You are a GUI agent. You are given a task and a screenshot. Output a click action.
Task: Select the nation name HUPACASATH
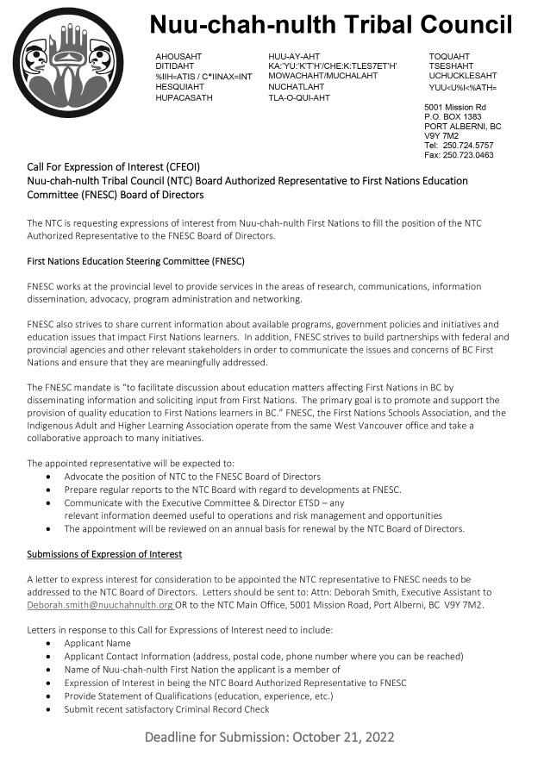[x=184, y=98]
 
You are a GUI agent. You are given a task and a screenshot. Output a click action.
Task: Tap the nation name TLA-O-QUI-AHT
[x=299, y=98]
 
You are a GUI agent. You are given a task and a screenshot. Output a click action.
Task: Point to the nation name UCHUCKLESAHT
[x=463, y=76]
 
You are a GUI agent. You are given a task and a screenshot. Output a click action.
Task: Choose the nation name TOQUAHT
[x=449, y=55]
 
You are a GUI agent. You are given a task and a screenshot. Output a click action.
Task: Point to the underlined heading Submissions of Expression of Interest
[x=104, y=553]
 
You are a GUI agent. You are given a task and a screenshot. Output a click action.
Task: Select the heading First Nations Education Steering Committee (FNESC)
[x=135, y=260]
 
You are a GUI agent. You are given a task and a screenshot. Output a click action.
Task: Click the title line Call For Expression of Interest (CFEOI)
[x=113, y=166]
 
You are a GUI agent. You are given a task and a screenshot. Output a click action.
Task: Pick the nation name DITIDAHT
[x=175, y=65]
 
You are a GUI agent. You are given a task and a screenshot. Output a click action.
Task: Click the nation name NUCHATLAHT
[x=297, y=87]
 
